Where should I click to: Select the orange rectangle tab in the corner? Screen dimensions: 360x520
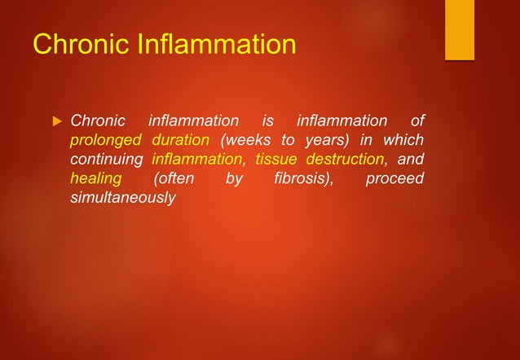459,29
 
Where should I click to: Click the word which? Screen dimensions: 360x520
404,140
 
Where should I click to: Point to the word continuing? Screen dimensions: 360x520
107,159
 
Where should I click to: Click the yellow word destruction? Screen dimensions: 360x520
346,159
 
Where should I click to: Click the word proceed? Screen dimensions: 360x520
394,178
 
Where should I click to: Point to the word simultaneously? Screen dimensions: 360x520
122,197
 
